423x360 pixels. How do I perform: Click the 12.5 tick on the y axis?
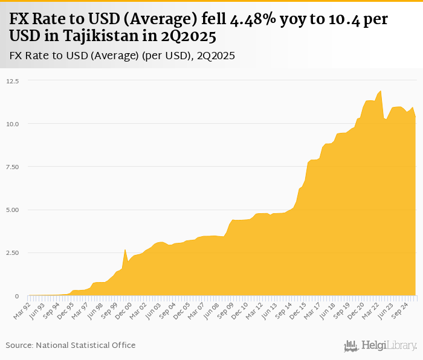click(x=12, y=80)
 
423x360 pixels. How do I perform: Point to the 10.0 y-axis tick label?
click(x=12, y=124)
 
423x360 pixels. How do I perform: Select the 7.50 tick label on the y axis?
click(x=12, y=167)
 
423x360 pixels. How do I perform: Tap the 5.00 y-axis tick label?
click(x=12, y=210)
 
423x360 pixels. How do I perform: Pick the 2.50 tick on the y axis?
click(x=12, y=253)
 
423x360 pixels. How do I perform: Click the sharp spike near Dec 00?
click(x=124, y=249)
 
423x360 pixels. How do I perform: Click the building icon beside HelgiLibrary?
click(x=351, y=346)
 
